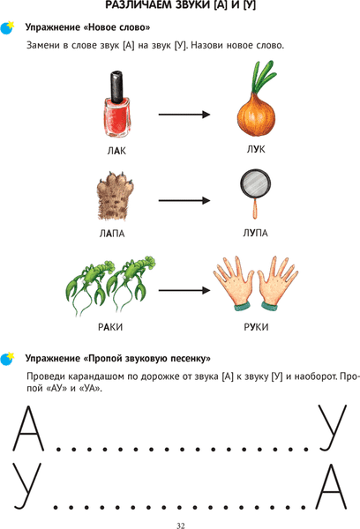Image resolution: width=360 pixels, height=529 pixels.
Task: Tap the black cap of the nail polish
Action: click(116, 86)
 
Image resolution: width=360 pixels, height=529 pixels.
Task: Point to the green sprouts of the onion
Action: click(264, 77)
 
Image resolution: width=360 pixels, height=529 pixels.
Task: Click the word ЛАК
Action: click(116, 151)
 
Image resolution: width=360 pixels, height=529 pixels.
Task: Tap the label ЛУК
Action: click(256, 149)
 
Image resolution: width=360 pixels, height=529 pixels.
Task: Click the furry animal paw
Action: click(116, 196)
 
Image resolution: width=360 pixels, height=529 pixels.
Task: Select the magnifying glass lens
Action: click(255, 184)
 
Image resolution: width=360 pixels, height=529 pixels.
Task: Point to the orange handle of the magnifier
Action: click(255, 210)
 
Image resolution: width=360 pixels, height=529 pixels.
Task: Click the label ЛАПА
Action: click(112, 234)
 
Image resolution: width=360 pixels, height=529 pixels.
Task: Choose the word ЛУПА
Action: click(256, 233)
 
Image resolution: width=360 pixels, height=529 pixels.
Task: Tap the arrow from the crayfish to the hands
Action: click(184, 290)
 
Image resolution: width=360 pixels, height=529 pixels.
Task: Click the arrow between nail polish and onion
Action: click(184, 115)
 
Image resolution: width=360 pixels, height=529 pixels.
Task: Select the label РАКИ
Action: click(110, 327)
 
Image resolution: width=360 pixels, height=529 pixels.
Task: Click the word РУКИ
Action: click(256, 327)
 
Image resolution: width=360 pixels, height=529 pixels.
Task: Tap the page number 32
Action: click(181, 525)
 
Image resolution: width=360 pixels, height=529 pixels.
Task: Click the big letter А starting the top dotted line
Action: click(29, 428)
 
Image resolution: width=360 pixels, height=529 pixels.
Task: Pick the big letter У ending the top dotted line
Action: click(333, 428)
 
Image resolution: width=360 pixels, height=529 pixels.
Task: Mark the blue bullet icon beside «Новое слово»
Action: click(7, 28)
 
